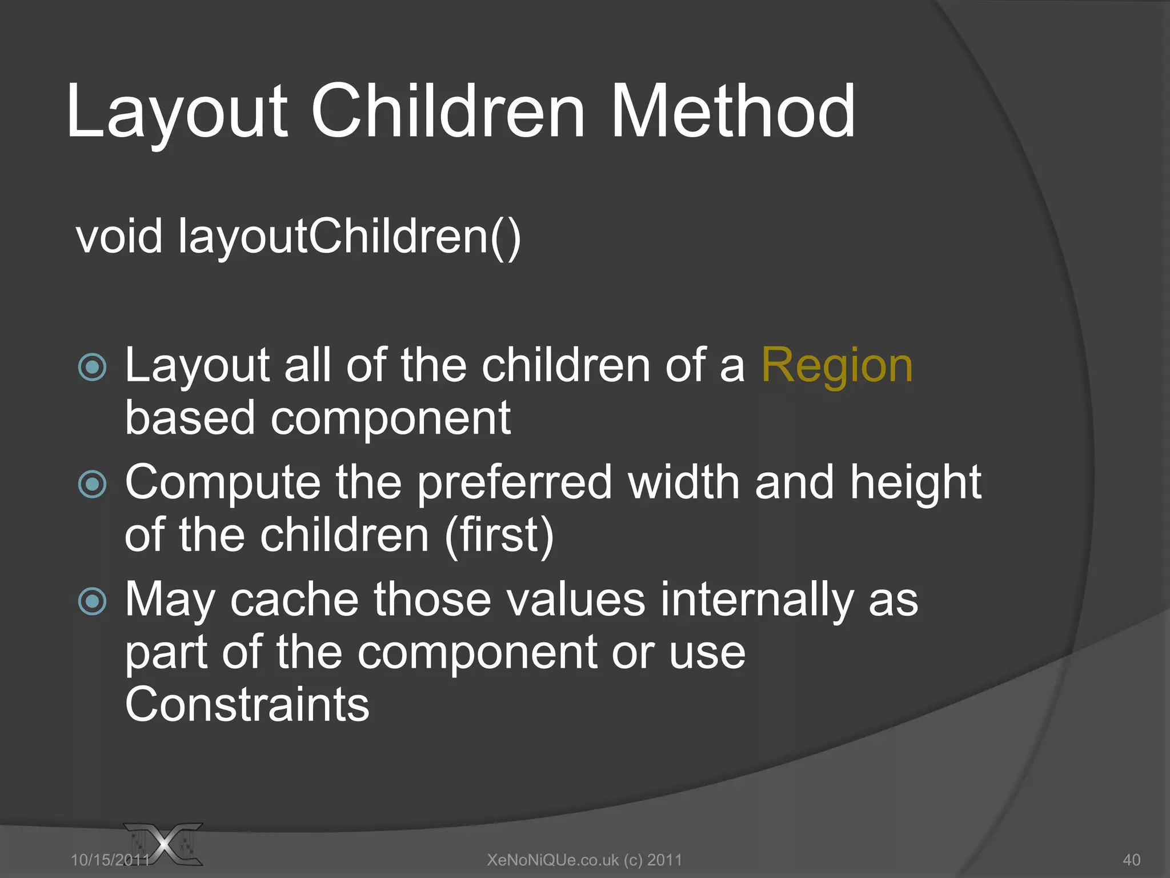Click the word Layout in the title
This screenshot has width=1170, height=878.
177,112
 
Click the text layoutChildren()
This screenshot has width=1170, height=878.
349,237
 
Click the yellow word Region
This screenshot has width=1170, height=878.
837,366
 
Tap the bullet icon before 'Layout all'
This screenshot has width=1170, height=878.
92,367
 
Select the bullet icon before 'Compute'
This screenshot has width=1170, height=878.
92,484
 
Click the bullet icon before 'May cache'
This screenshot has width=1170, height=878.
92,601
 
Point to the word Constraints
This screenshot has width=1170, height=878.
247,705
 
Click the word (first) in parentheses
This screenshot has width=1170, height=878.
499,535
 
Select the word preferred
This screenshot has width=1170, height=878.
514,484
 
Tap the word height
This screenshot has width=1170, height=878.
915,482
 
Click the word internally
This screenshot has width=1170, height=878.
757,600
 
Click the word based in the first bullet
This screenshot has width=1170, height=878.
190,418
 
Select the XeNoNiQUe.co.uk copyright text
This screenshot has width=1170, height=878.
584,860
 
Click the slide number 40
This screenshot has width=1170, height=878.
1131,860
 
